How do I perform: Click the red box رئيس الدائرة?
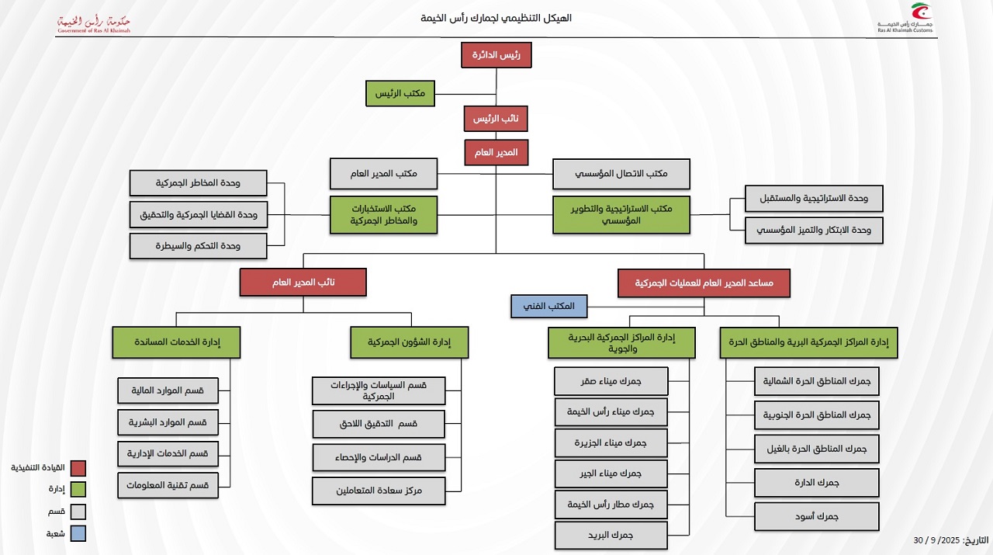496,55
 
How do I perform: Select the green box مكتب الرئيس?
400,93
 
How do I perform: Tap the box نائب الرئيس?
496,119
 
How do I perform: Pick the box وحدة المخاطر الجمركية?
199,183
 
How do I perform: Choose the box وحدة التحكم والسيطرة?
199,246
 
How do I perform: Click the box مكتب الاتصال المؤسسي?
621,174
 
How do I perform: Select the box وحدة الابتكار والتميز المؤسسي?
814,231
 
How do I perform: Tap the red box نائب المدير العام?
303,283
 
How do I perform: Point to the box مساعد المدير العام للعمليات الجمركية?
704,283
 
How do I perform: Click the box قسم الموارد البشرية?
168,422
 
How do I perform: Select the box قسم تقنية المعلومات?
168,485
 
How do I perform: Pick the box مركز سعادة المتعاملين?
379,491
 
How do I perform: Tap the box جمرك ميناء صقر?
611,381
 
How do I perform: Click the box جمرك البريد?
611,536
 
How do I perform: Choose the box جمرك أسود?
817,516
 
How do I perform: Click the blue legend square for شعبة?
78,533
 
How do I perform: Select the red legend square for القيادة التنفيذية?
78,468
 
